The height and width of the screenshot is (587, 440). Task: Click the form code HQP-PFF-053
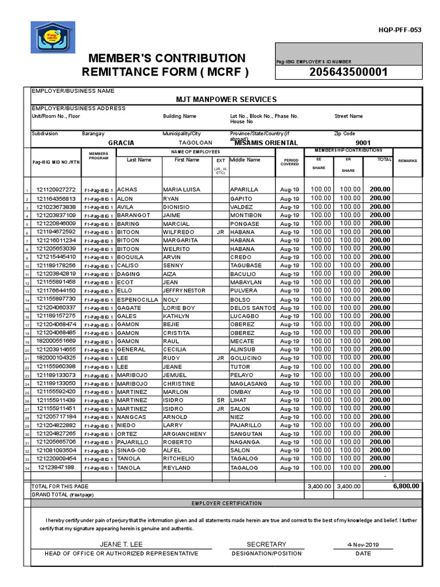[x=400, y=30]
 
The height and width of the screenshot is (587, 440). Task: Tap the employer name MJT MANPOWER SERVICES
[x=227, y=99]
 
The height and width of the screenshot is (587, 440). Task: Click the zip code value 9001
[x=363, y=143]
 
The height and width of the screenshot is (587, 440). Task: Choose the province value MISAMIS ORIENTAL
[x=266, y=143]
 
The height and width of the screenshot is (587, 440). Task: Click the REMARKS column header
[x=407, y=161]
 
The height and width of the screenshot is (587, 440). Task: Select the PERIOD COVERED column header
[x=289, y=162]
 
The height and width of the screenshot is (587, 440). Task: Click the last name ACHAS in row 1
[x=128, y=190]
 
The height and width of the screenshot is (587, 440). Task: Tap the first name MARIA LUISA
[x=182, y=190]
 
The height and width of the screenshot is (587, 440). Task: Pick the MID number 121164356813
[x=56, y=198]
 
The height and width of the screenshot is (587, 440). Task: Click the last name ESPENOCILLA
[x=137, y=299]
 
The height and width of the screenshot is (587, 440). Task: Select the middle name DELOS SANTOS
[x=252, y=308]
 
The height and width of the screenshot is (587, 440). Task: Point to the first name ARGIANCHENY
[x=184, y=434]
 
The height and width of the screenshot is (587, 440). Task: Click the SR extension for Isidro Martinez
[x=220, y=401]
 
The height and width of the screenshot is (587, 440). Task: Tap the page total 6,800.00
[x=406, y=486]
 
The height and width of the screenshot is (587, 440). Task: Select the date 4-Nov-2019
[x=363, y=545]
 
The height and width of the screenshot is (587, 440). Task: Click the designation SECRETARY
[x=266, y=544]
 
